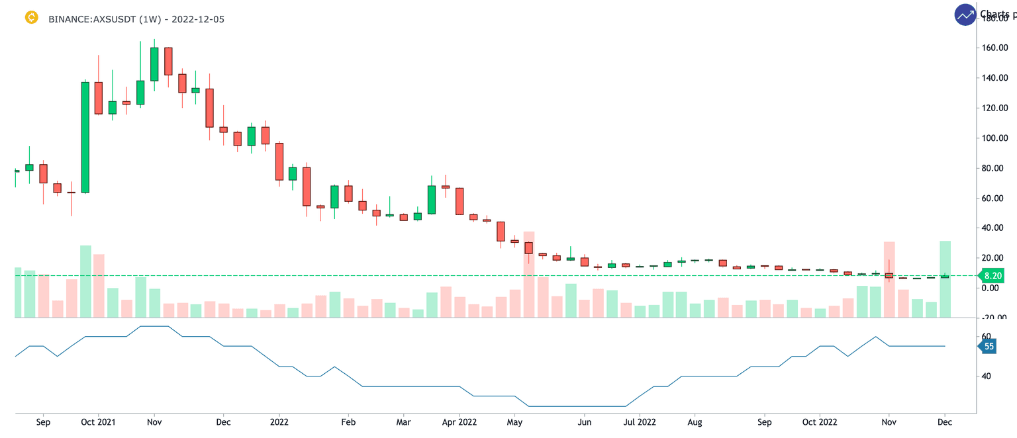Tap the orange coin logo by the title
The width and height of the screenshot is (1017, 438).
pos(31,18)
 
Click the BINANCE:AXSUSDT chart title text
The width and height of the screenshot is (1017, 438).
pos(136,19)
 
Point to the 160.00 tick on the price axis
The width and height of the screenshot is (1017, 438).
pos(995,48)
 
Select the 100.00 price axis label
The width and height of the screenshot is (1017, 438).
pos(995,138)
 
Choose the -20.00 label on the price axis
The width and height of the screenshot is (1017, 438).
pos(995,318)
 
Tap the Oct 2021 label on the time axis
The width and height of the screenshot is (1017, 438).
pos(98,421)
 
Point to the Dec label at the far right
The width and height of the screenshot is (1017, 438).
pos(945,421)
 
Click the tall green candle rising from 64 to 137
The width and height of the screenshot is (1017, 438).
pos(85,137)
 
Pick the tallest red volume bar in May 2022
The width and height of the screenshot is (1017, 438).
pos(528,275)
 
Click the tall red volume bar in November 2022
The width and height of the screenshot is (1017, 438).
pos(889,279)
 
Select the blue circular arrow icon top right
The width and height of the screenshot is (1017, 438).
pos(965,15)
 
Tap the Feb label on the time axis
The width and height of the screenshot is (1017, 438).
pos(348,421)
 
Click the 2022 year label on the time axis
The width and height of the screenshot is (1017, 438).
pos(279,421)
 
